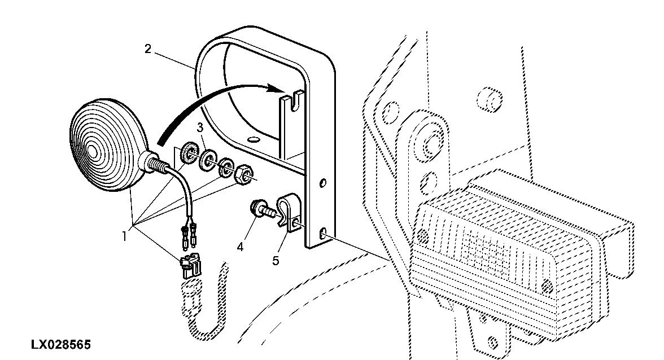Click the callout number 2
148,49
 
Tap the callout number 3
200,129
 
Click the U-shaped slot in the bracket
292,102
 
